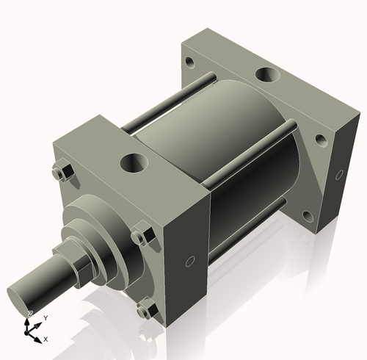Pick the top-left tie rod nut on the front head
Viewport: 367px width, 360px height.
61,172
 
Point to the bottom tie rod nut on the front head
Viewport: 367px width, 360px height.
146,310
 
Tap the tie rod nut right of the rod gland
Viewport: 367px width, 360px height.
142,237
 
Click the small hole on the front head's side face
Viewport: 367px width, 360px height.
189,261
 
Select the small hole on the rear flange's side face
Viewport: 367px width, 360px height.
340,174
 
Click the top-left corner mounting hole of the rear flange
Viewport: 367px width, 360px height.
190,62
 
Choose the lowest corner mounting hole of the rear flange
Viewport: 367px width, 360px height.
308,215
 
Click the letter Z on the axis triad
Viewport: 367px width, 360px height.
29,314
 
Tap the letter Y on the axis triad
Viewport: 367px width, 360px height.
45,317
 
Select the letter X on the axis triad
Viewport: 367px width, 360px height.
46,339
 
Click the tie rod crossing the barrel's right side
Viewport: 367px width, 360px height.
250,158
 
